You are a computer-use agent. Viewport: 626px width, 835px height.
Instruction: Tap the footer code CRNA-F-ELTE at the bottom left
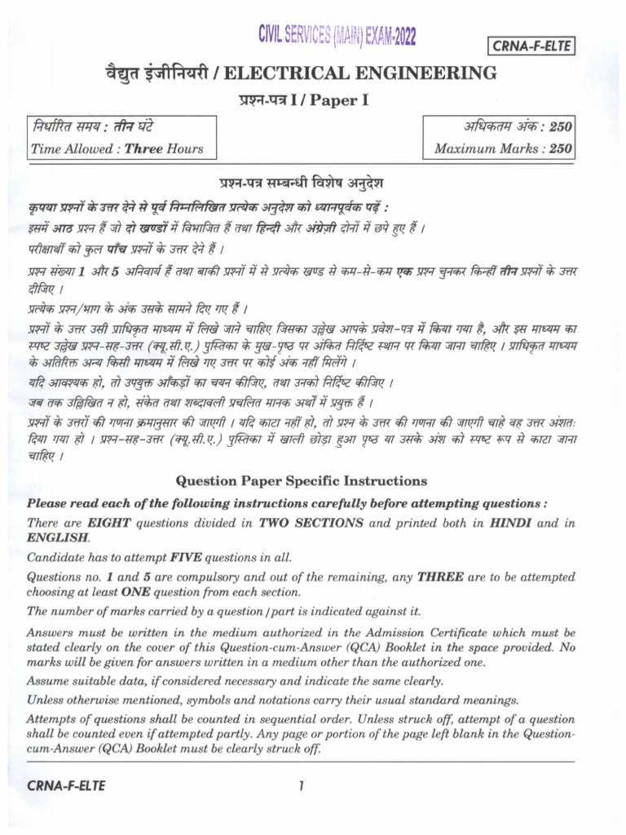click(x=66, y=785)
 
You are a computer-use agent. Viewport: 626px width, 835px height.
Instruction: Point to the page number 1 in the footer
click(x=301, y=785)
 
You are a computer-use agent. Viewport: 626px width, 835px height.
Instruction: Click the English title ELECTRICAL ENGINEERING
click(x=360, y=74)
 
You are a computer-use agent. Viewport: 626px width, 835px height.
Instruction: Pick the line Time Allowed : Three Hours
click(x=117, y=148)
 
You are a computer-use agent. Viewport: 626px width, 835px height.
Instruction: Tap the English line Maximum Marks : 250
click(x=503, y=148)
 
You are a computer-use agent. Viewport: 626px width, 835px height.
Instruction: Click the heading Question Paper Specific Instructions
click(x=301, y=481)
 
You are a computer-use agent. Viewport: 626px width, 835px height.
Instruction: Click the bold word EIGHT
click(x=109, y=523)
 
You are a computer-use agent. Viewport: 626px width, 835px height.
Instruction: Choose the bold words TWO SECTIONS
click(x=312, y=523)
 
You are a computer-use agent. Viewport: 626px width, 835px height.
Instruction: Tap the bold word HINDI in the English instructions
click(x=511, y=523)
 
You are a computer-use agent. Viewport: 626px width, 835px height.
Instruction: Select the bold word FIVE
click(x=192, y=558)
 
